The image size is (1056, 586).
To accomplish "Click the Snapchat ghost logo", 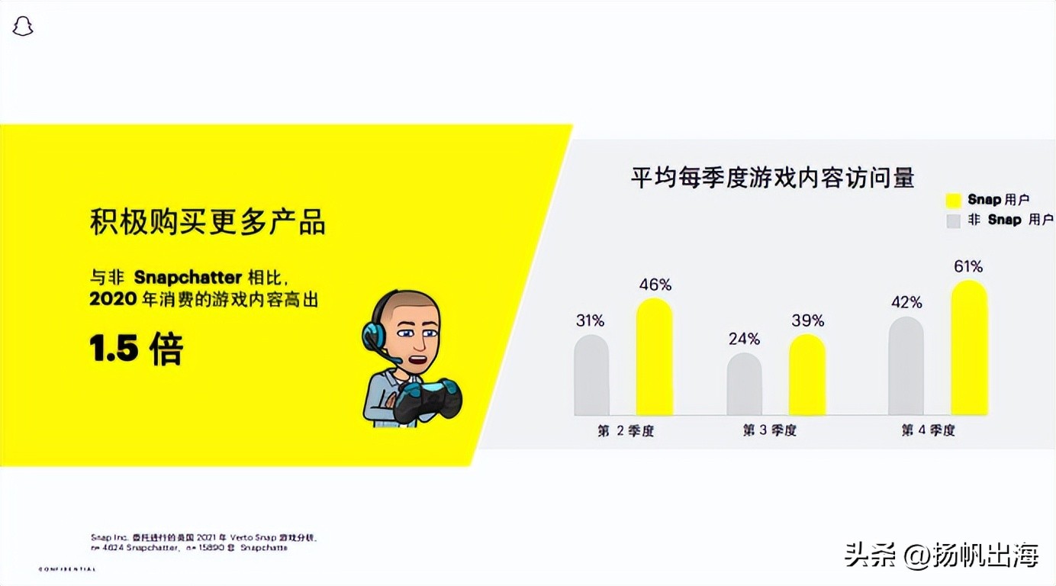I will (23, 27).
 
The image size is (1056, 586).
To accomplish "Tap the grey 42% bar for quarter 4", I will (906, 366).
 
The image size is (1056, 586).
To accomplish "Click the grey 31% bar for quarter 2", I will (591, 375).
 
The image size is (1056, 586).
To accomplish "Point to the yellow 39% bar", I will (807, 375).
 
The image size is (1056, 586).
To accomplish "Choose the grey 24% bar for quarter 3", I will (744, 385).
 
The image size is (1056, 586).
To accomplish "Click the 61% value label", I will (968, 267).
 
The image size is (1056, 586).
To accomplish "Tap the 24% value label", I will (744, 339).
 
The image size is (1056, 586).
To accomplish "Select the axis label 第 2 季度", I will (626, 431).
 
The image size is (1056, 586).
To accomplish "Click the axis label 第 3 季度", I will (770, 431).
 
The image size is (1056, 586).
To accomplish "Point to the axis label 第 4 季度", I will (928, 431).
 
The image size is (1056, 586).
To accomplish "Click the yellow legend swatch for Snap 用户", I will (953, 201).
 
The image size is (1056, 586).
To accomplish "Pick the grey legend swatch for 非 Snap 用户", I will (953, 221).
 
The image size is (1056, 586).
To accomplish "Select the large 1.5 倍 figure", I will (137, 349).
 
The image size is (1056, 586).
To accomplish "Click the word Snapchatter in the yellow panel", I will (188, 277).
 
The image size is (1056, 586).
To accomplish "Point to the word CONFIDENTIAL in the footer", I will (67, 569).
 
